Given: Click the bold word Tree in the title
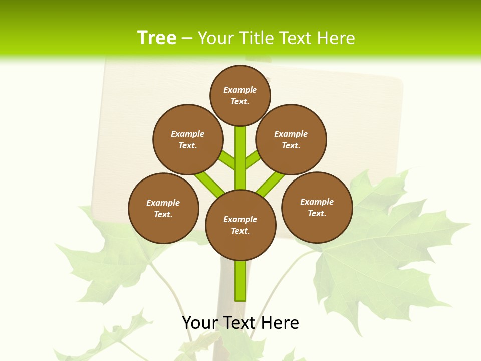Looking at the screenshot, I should click(x=157, y=38).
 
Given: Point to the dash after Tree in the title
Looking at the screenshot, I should click(x=187, y=39).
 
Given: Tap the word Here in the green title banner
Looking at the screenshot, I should click(x=336, y=38).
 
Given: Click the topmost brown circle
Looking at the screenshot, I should click(x=240, y=95).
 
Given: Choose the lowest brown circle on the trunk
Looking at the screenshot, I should click(x=241, y=225).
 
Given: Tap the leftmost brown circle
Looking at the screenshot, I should click(x=163, y=208).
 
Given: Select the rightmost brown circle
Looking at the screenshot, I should click(x=317, y=207).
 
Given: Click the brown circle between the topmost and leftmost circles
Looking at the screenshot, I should click(x=188, y=139).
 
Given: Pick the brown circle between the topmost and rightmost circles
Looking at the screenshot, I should click(x=291, y=139).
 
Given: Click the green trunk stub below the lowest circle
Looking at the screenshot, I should click(x=241, y=281).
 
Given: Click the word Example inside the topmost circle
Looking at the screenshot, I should click(x=240, y=90).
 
